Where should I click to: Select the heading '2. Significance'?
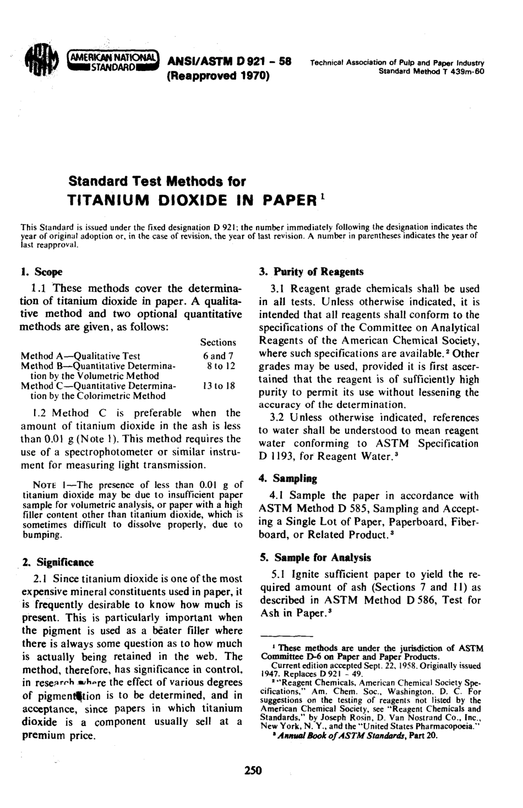pyautogui.click(x=58, y=562)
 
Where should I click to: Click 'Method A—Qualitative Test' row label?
pyautogui.click(x=80, y=356)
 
